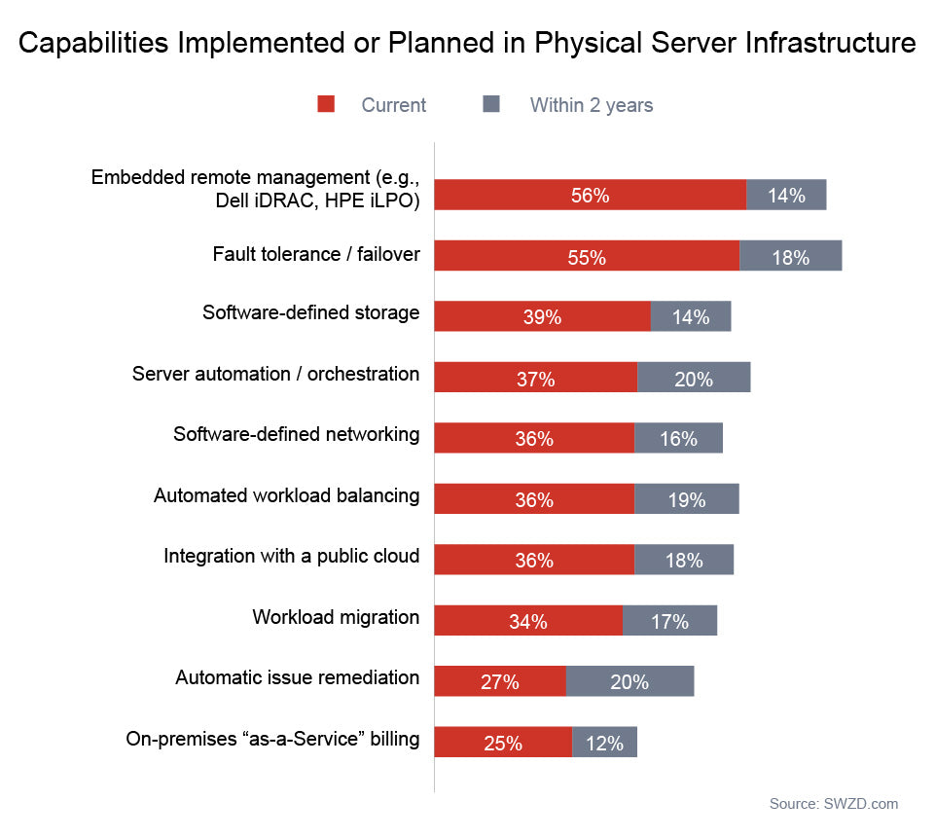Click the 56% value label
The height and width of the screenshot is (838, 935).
click(x=590, y=196)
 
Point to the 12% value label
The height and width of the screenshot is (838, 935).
click(x=604, y=743)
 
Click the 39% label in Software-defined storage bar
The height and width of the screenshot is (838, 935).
click(x=542, y=317)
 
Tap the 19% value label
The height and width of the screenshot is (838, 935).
click(x=687, y=499)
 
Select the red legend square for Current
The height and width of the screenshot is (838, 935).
click(x=326, y=104)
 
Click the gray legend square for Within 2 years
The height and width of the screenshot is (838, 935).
click(x=491, y=104)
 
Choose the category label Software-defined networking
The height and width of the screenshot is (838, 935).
click(x=297, y=434)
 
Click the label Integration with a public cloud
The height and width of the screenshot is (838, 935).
click(x=292, y=556)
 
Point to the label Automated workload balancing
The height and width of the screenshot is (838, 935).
click(x=287, y=495)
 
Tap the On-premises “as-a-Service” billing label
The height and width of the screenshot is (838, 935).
click(x=273, y=739)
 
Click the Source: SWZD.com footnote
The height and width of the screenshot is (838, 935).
click(x=834, y=804)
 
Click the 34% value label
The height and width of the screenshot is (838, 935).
click(x=527, y=621)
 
